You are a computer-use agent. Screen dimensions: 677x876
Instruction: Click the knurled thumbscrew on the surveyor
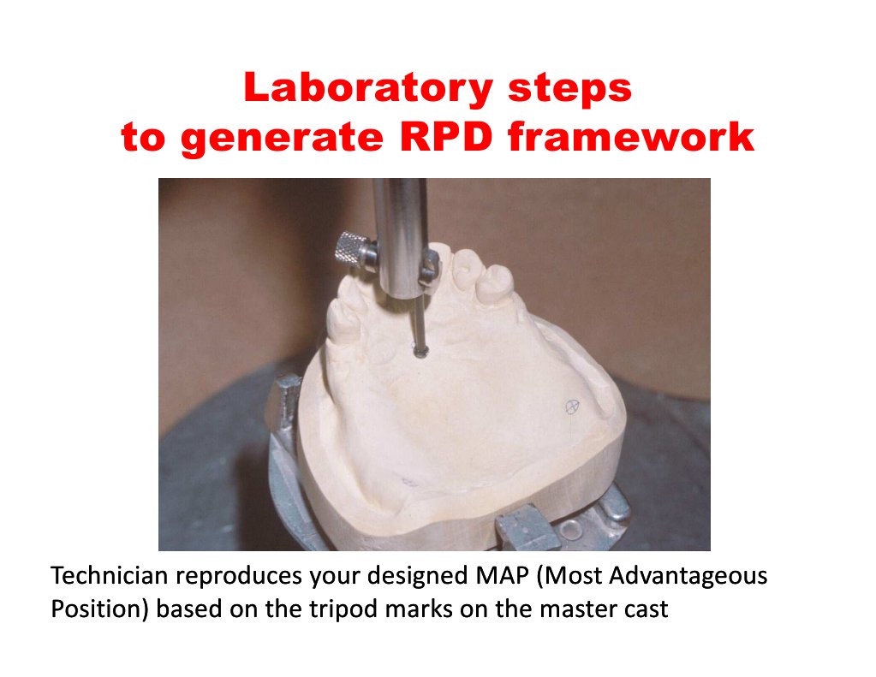pos(354,248)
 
